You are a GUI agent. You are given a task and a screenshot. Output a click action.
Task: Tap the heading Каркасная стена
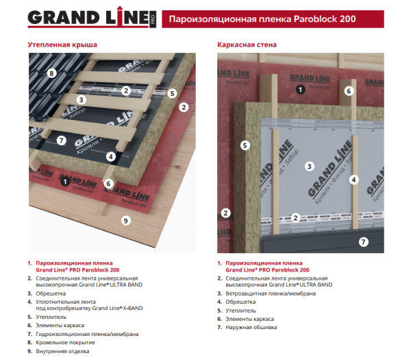coord(247,45)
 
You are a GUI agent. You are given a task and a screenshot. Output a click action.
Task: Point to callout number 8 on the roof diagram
coord(51,73)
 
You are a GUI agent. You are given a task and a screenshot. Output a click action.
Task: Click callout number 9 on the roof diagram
coord(125,219)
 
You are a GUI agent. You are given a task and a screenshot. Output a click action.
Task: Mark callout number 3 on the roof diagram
coord(81,100)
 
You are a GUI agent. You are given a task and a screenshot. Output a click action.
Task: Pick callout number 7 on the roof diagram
coord(61,141)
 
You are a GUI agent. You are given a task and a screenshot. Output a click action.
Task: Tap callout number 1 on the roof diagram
coord(64,182)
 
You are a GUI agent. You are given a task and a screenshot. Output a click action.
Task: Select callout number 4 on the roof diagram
coord(111,156)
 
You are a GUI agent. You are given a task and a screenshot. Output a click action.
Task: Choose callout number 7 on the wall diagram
coord(364,241)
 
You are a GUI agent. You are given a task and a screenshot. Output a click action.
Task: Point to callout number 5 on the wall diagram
coord(245,145)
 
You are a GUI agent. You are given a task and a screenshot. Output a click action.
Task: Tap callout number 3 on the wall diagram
coord(310,166)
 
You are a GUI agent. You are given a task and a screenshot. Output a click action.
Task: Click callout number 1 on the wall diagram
coord(299,89)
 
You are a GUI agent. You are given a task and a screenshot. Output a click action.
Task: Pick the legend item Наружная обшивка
coord(253,327)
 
